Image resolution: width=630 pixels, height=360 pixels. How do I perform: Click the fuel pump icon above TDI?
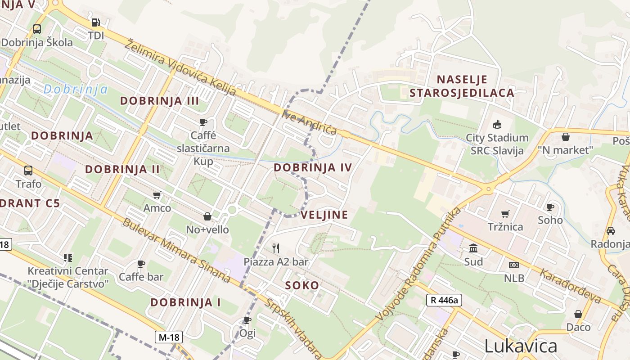click(x=95, y=22)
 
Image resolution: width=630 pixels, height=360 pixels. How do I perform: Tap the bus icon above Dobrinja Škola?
click(x=37, y=29)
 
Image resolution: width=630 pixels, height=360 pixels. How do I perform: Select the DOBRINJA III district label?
click(x=159, y=101)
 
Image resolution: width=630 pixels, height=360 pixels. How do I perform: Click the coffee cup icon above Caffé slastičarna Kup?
click(x=203, y=122)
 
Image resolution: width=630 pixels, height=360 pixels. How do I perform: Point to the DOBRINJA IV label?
click(x=313, y=168)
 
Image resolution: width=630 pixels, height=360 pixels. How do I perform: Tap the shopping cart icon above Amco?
click(x=157, y=195)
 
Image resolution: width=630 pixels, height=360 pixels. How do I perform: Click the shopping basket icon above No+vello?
click(x=207, y=216)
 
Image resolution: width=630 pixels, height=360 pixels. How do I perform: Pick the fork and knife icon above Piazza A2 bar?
click(x=276, y=248)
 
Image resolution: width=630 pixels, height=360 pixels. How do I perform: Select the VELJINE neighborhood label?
click(x=324, y=215)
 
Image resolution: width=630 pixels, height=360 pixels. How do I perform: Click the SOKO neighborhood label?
click(x=302, y=285)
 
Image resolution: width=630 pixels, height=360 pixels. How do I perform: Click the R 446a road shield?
click(x=444, y=300)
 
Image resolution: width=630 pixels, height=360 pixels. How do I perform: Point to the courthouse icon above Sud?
click(x=473, y=248)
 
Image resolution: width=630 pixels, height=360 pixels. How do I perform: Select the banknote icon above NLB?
click(x=514, y=265)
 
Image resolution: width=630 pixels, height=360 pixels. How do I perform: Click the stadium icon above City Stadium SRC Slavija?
click(x=497, y=124)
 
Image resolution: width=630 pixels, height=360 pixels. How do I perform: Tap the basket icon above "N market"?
click(x=566, y=136)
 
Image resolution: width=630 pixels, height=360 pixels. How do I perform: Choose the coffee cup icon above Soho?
click(x=550, y=207)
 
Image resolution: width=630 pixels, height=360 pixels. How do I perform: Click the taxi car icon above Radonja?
click(x=610, y=230)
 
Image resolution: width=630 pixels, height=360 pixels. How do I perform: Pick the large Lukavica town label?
click(x=521, y=346)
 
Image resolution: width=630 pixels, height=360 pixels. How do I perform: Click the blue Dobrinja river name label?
click(x=76, y=89)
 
